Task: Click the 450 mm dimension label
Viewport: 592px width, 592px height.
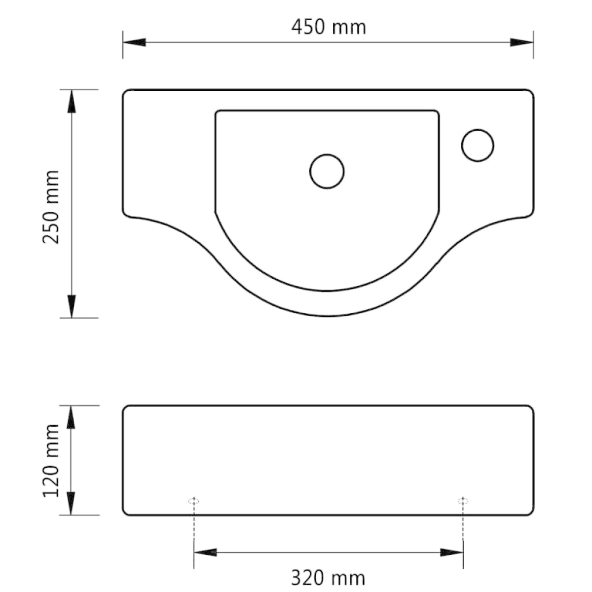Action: coord(329,27)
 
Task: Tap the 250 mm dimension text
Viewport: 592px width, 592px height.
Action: coord(51,207)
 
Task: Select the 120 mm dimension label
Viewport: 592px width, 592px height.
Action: coord(51,460)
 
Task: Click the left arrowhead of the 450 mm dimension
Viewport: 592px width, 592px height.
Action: coord(134,42)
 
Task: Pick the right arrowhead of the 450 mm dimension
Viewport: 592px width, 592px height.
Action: coord(521,42)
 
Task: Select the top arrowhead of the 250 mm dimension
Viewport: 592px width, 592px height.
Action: coord(71,102)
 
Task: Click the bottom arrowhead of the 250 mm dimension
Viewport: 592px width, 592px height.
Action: coord(71,306)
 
